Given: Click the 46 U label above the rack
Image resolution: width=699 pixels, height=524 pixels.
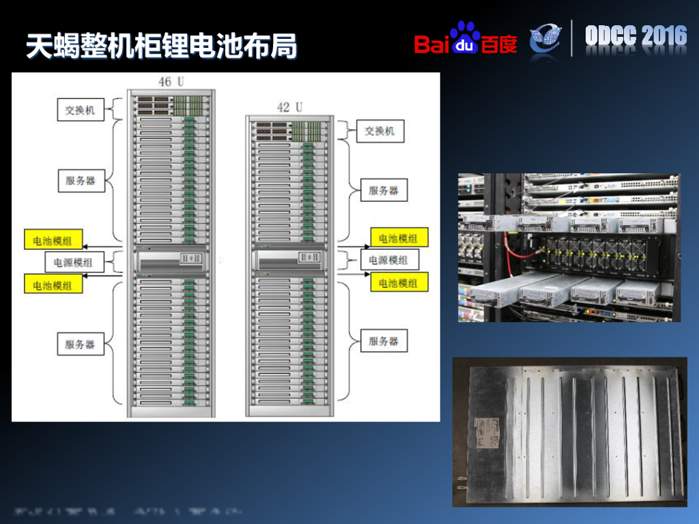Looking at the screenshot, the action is pyautogui.click(x=171, y=82).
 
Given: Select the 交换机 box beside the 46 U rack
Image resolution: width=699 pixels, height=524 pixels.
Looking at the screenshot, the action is pyautogui.click(x=80, y=110).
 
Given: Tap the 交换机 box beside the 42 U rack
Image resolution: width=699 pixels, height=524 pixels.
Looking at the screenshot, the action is pyautogui.click(x=380, y=131).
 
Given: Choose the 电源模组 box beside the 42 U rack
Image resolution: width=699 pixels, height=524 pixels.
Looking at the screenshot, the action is pyautogui.click(x=388, y=260).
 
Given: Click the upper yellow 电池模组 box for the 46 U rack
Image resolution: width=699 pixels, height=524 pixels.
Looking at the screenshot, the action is pyautogui.click(x=53, y=239).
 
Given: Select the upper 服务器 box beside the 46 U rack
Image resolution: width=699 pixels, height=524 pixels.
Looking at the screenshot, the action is pyautogui.click(x=80, y=181).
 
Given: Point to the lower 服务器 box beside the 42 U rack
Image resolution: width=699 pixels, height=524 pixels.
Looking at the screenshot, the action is pyautogui.click(x=383, y=340).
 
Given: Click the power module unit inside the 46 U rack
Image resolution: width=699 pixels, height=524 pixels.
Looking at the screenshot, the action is pyautogui.click(x=171, y=259).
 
